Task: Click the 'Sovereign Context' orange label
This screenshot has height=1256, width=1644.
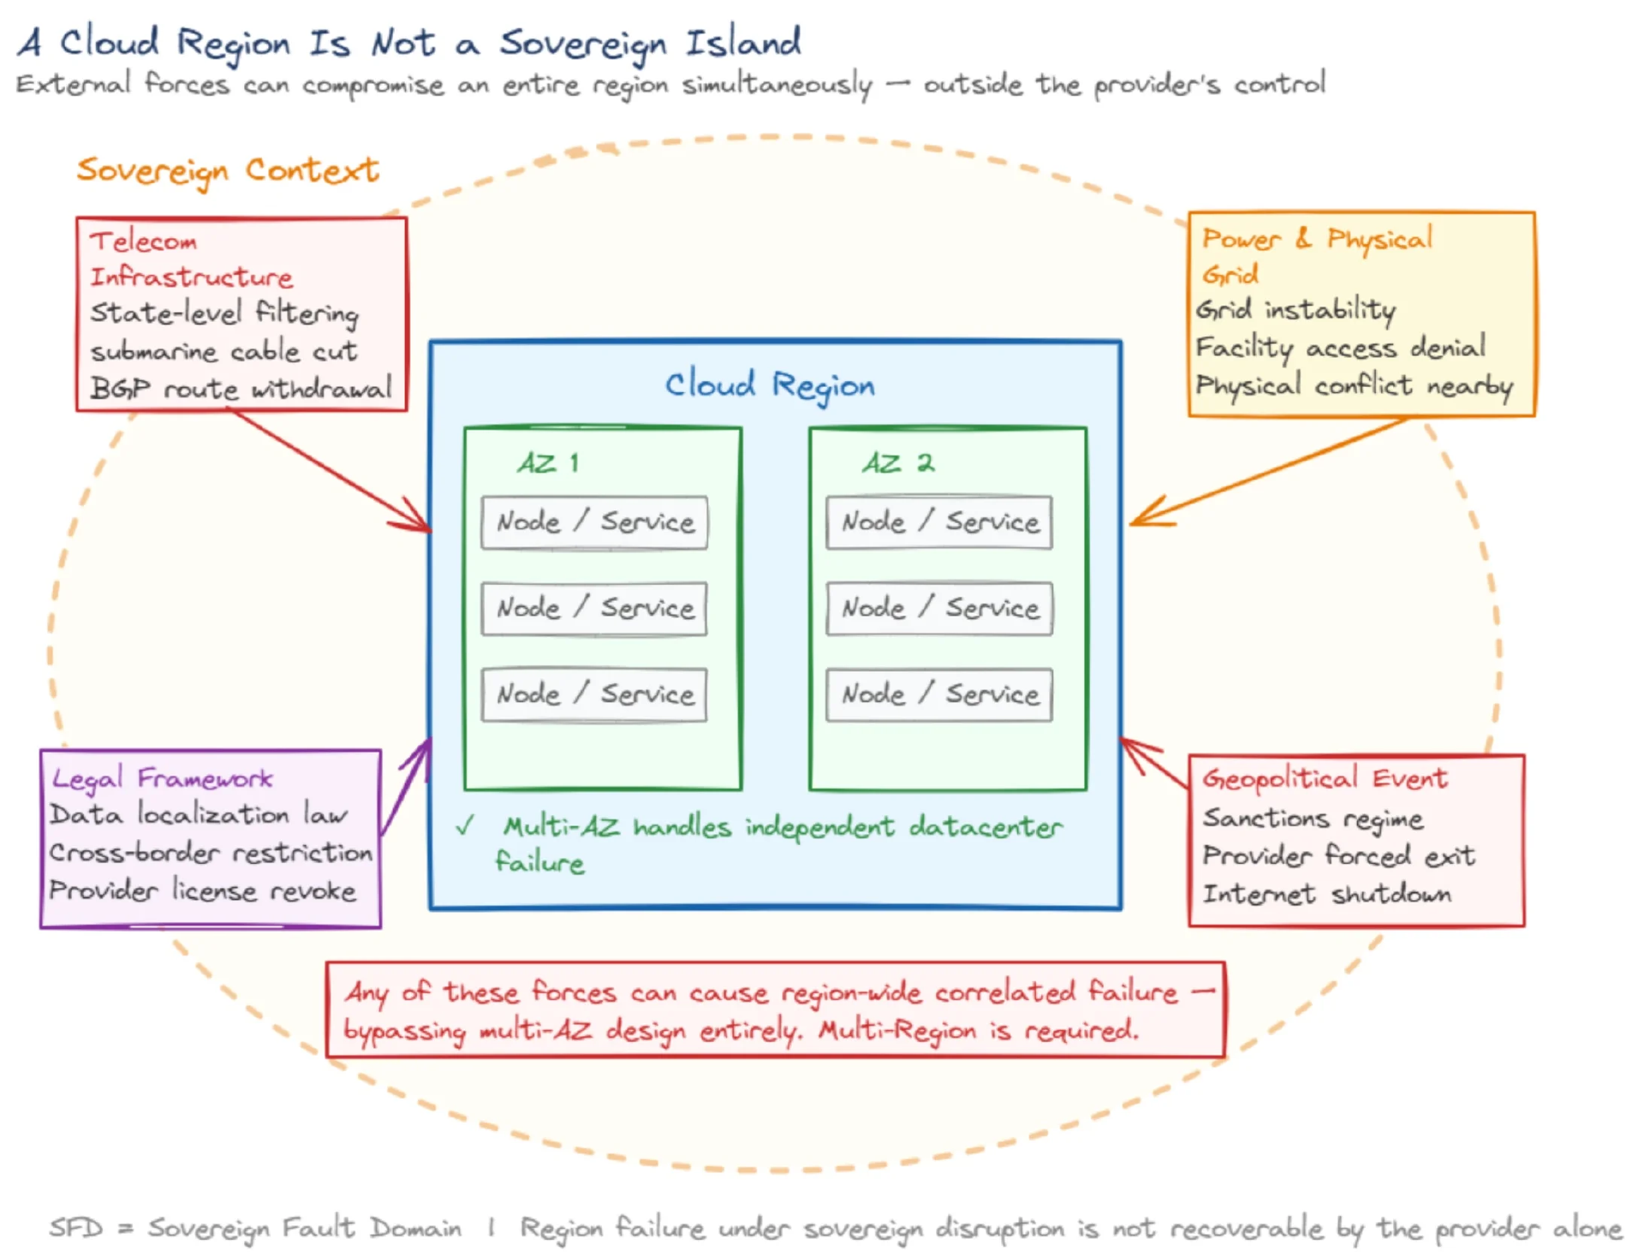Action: click(227, 170)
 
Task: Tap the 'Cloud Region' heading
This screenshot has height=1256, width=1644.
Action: click(770, 384)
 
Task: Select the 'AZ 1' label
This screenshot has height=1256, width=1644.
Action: click(548, 463)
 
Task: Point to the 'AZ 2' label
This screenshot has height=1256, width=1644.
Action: click(898, 463)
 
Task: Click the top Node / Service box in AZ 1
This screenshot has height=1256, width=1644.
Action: click(594, 522)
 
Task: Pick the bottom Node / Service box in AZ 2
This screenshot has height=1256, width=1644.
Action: click(939, 694)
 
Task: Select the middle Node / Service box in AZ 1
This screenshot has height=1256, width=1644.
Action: click(594, 609)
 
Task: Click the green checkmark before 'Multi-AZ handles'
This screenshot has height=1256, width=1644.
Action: click(465, 826)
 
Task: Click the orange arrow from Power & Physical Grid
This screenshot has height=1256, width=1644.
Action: click(1267, 472)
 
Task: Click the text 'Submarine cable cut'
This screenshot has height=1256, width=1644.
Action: click(223, 351)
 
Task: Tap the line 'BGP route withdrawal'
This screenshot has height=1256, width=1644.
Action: click(241, 389)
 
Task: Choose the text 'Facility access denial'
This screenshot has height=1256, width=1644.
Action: click(1340, 348)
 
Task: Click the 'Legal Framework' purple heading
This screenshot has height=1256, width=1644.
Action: click(162, 778)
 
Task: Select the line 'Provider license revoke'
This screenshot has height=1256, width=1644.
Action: click(202, 890)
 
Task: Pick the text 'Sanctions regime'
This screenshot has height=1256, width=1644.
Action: click(1313, 818)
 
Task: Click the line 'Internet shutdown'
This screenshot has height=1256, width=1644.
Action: click(1326, 894)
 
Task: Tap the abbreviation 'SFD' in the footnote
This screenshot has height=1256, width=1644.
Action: click(75, 1228)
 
